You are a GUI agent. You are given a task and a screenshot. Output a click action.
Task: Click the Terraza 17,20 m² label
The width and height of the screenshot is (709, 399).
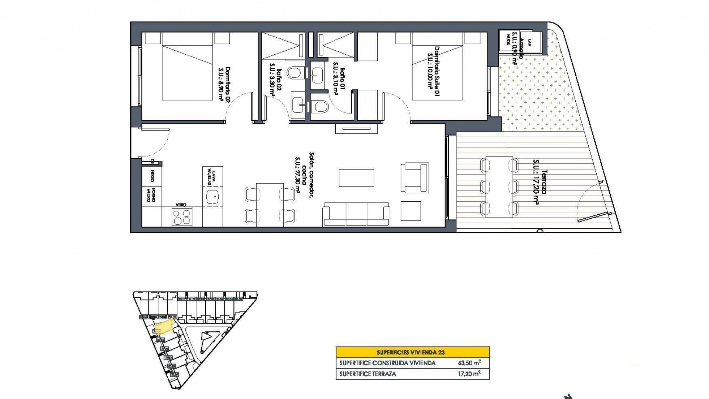click(x=540, y=181)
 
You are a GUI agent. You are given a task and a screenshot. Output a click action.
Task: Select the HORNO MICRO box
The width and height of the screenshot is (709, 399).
click(x=151, y=195)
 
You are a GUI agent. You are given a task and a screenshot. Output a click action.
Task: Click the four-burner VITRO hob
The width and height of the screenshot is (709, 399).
click(x=182, y=216)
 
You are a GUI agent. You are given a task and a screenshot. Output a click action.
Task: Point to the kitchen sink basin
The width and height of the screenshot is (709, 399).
click(x=213, y=198)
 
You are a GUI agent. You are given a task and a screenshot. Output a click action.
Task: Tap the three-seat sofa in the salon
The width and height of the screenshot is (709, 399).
click(x=356, y=214)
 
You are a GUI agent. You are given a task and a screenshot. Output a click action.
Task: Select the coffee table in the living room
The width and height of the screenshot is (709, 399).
click(x=356, y=178)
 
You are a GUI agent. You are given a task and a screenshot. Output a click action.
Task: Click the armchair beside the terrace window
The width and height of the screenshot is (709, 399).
click(x=415, y=177)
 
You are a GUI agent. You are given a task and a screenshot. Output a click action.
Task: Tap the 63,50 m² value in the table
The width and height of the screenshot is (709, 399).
click(x=469, y=363)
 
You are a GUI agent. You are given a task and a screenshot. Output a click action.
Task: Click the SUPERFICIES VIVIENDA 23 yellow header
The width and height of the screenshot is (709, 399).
click(x=412, y=352)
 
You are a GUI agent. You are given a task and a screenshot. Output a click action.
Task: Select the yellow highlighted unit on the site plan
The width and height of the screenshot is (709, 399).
click(x=164, y=327)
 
